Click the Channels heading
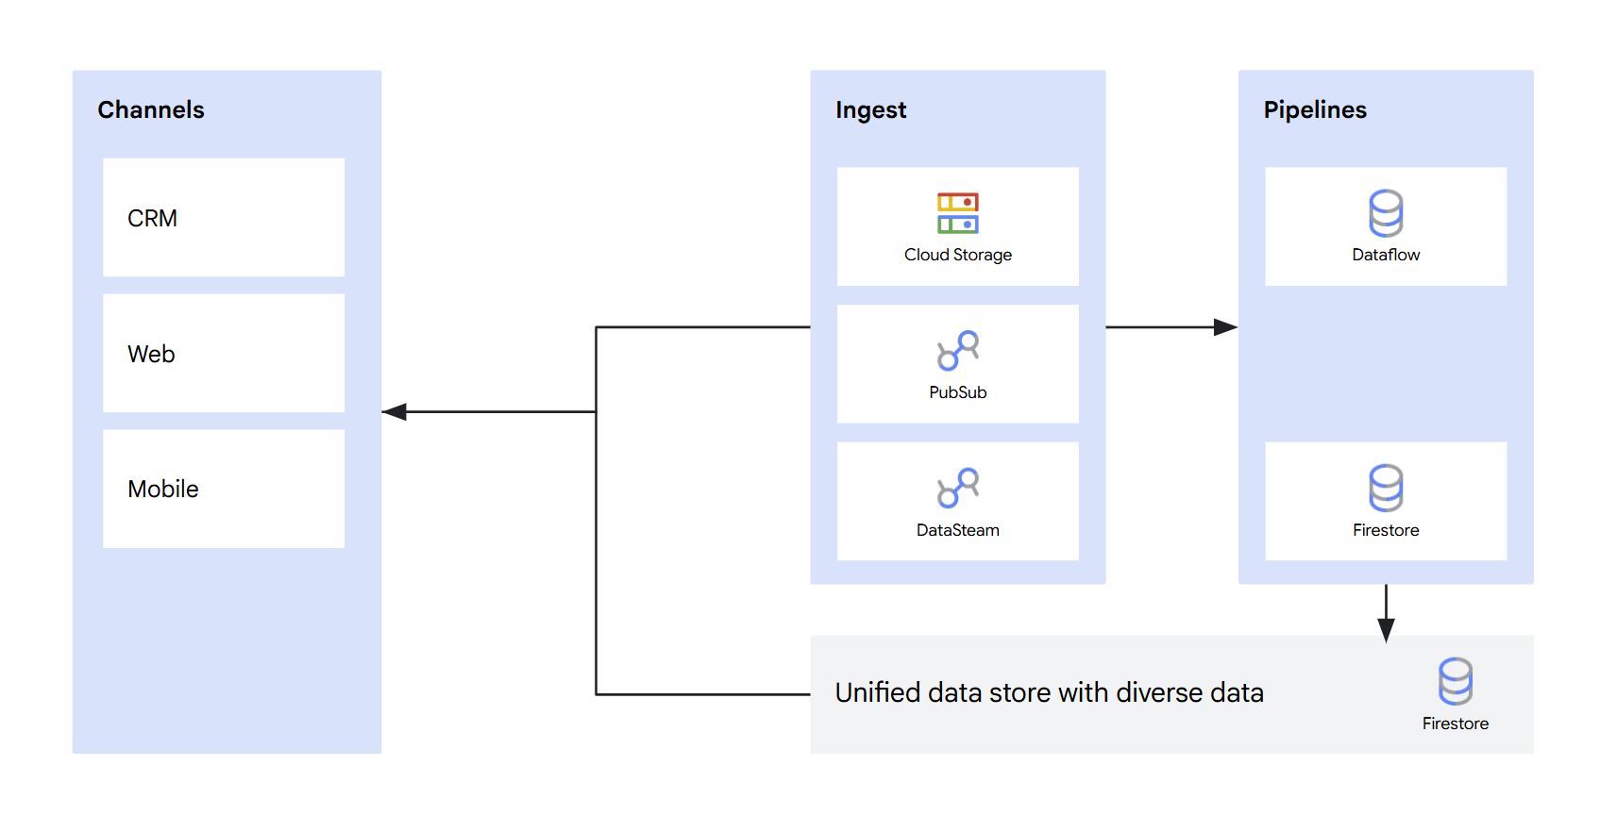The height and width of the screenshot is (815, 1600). (x=151, y=110)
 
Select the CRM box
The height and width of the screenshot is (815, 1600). (x=224, y=218)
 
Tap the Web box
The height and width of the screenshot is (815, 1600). (x=224, y=354)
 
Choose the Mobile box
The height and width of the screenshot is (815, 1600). (x=224, y=489)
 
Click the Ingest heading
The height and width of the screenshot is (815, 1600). (x=870, y=110)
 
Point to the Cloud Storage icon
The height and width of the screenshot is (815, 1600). (x=957, y=213)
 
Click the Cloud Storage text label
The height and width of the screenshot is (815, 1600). (x=957, y=255)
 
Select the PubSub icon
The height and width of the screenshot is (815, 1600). (x=957, y=351)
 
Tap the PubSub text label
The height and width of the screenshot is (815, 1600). (x=957, y=392)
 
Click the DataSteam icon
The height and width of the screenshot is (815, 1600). (x=957, y=488)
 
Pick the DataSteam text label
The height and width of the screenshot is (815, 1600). (x=957, y=530)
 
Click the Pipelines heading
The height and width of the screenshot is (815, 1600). (x=1314, y=110)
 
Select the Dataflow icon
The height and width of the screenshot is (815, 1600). (x=1386, y=213)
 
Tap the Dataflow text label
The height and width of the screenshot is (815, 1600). (x=1386, y=255)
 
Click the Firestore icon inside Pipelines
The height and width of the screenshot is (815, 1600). (x=1386, y=488)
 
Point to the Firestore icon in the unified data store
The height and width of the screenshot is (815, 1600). (x=1455, y=681)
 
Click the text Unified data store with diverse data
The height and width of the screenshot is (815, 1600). (x=1049, y=693)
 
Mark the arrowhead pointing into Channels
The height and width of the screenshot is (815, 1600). (x=395, y=412)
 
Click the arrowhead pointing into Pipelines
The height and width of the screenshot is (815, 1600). (x=1224, y=327)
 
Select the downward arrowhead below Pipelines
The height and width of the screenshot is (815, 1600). (x=1386, y=630)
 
